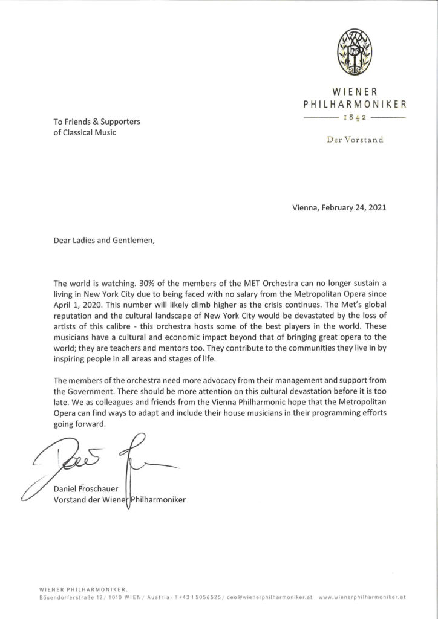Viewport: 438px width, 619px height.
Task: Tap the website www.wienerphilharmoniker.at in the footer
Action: point(362,597)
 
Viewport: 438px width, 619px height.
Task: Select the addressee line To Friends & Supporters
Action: point(96,122)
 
